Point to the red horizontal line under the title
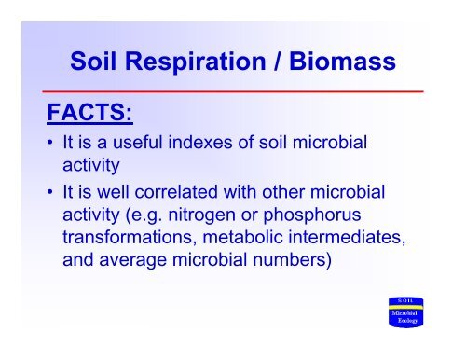click(233, 91)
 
